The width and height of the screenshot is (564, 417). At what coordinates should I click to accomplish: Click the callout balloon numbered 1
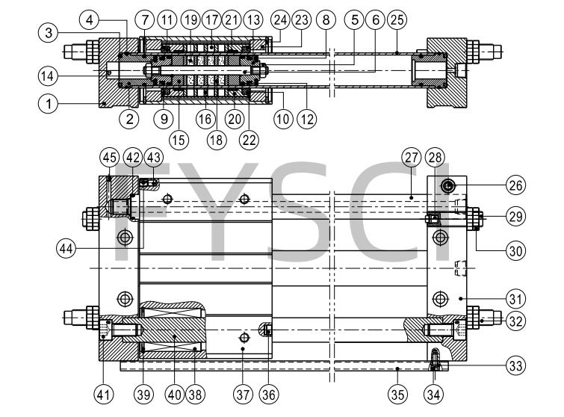point(49,105)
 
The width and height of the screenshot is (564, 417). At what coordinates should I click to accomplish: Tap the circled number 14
point(49,75)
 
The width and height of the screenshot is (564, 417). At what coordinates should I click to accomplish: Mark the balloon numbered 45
point(109,158)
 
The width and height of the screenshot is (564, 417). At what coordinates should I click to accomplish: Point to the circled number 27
point(410,158)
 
